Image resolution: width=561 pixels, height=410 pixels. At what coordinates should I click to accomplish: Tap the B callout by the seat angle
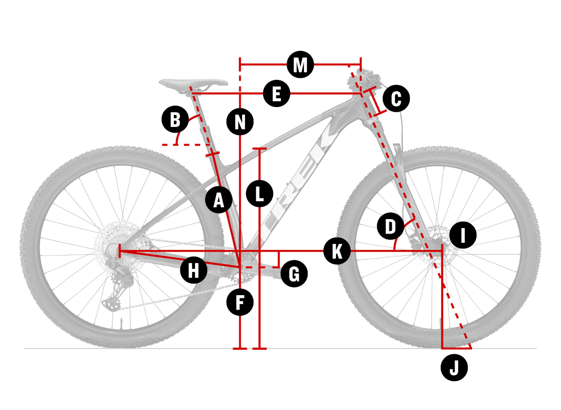175,120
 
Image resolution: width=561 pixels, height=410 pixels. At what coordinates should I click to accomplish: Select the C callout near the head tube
396,99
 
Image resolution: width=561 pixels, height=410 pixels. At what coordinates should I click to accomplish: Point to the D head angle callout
390,227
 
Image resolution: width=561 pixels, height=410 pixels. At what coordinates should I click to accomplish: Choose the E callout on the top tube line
276,95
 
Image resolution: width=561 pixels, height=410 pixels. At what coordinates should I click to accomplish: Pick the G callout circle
294,275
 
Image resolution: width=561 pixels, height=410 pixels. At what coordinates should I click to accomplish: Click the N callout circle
240,123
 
